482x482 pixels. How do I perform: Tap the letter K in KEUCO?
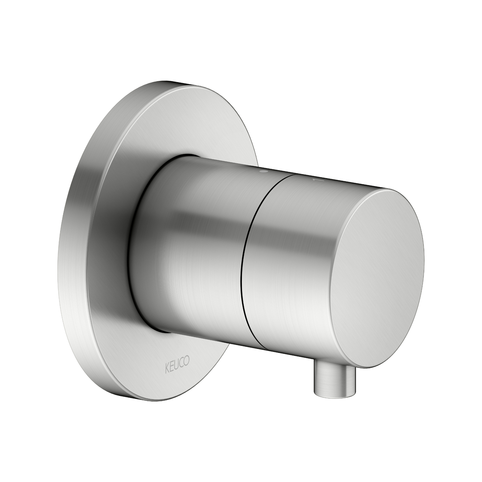[167, 370]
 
